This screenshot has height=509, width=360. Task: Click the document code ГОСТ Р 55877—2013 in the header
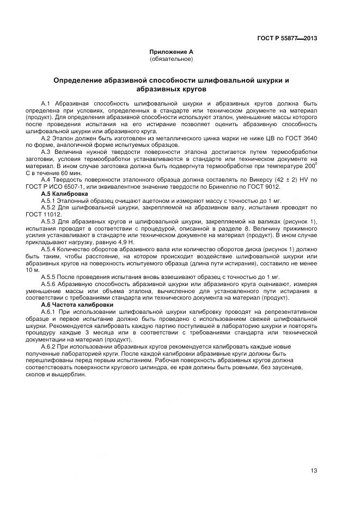coord(287,38)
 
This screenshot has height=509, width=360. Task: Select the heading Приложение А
coord(172,52)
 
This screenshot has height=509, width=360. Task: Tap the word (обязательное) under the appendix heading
coord(171,58)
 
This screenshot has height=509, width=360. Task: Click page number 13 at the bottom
coord(314,470)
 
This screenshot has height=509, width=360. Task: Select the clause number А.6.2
coord(50,346)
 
